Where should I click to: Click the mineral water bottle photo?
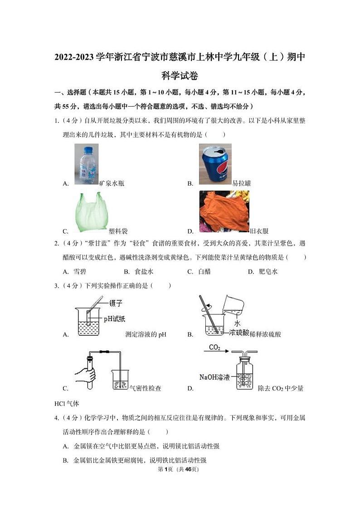[x=86, y=164]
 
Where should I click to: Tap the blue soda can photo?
[x=215, y=164]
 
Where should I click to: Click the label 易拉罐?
[x=241, y=184]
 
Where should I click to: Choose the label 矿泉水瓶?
[x=112, y=184]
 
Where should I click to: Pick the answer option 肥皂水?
[x=268, y=272]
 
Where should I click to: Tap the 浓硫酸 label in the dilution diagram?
[x=239, y=333]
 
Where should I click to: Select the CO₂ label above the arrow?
[x=214, y=348]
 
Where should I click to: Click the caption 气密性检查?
[x=145, y=388]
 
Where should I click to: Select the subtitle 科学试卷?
[x=180, y=76]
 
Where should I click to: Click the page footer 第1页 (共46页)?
[x=180, y=469]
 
